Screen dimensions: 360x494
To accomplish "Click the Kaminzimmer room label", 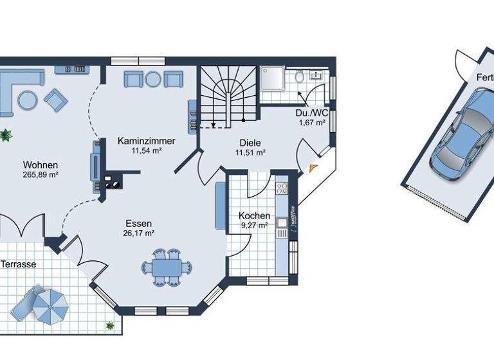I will [147, 141].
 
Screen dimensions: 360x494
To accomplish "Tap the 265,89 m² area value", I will [41, 174].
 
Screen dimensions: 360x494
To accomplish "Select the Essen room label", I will [138, 224].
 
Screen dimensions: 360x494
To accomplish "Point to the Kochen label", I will [254, 216].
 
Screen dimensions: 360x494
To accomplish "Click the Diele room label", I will [250, 143].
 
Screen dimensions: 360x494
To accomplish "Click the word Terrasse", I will [18, 264].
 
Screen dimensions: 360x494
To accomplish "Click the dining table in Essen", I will [167, 266].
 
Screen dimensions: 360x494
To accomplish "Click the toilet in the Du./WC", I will [300, 77].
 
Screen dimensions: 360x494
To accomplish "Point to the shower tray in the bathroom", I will [275, 81].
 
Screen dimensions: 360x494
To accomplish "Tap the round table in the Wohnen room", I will [27, 100].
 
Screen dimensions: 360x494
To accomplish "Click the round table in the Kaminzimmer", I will [152, 79].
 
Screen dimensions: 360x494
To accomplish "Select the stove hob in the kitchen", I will [281, 188].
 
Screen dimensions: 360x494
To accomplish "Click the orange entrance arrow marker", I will [313, 168].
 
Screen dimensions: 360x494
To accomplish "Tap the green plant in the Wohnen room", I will [6, 135].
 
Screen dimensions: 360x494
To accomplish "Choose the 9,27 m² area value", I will [254, 226].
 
